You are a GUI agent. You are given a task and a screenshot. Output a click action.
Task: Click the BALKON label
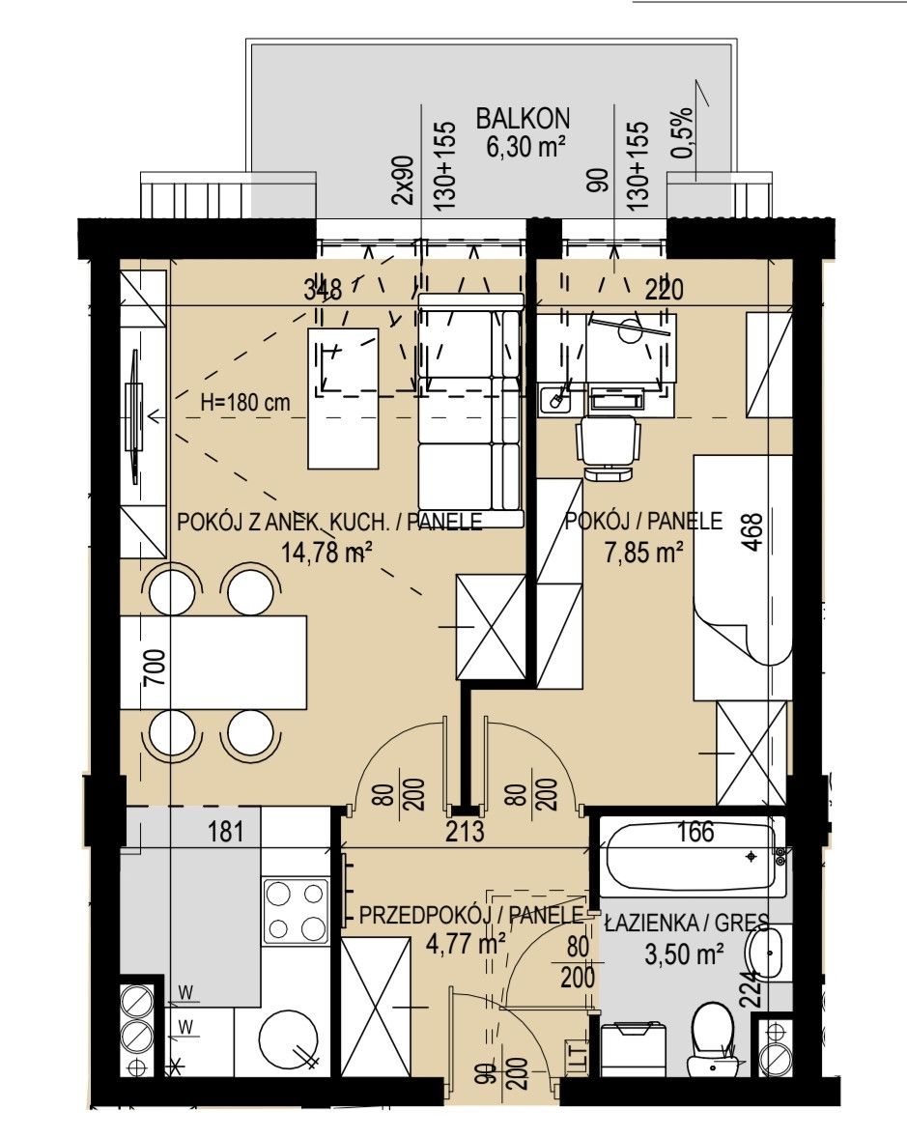click(523, 118)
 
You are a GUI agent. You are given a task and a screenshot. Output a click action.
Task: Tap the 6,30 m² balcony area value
click(525, 148)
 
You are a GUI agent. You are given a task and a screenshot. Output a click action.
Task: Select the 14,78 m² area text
click(326, 553)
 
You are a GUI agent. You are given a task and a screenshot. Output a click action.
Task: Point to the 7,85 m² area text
click(643, 553)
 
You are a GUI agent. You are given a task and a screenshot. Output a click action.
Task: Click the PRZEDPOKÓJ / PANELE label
click(471, 915)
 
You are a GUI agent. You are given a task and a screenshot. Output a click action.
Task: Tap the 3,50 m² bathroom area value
click(684, 953)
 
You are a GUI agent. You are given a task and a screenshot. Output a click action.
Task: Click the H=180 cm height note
click(245, 403)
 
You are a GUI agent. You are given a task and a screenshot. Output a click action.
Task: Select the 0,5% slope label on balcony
click(683, 133)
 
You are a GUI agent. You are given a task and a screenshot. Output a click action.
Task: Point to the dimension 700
click(155, 667)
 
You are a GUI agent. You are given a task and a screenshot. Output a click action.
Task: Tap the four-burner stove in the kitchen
click(296, 910)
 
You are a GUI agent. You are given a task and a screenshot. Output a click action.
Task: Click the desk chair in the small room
click(609, 448)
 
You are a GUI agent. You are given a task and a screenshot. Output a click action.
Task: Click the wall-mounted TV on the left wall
click(134, 416)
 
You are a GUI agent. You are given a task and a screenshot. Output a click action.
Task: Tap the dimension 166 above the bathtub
click(695, 832)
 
